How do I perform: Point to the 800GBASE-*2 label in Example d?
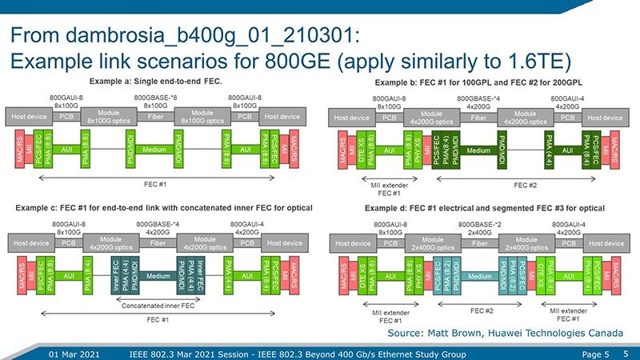pyautogui.click(x=478, y=222)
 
